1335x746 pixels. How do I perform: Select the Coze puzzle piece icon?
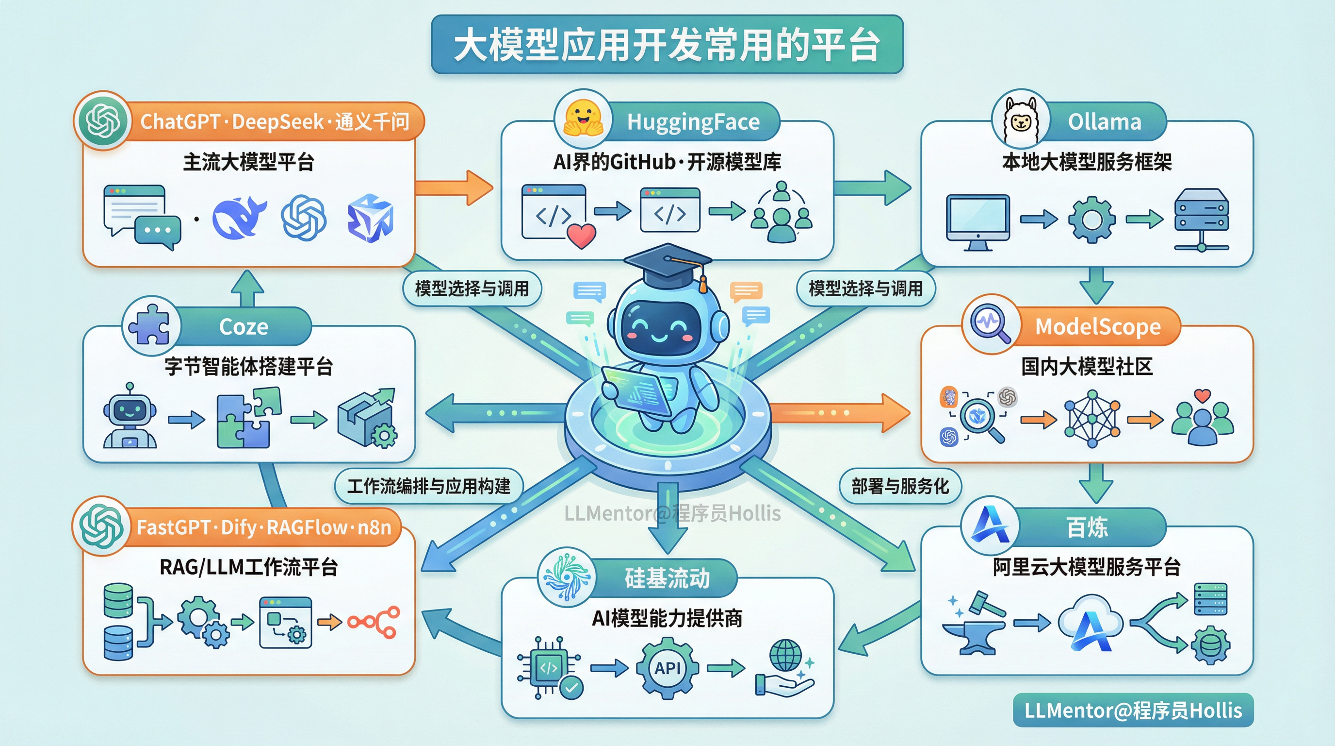[x=149, y=324]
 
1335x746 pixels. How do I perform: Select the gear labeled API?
[x=667, y=668]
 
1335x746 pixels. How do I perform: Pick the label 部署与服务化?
[x=900, y=486]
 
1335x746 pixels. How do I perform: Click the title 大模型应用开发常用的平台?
[x=667, y=45]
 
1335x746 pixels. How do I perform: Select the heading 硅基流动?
[x=667, y=578]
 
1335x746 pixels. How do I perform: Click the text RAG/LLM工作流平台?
[x=249, y=567]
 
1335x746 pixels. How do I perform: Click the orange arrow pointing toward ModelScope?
[x=840, y=412]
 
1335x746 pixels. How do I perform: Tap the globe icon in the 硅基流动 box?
[x=785, y=655]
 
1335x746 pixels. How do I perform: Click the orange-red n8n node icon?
[x=374, y=622]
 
